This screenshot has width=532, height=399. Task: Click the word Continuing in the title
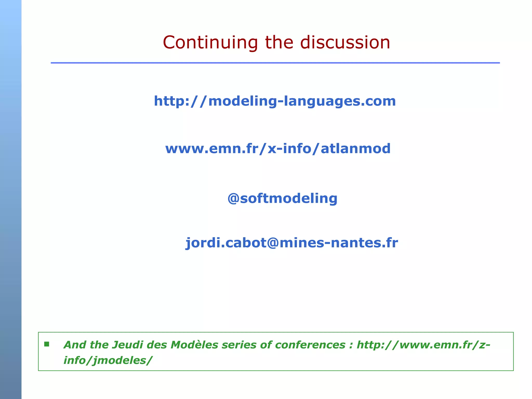pyautogui.click(x=210, y=43)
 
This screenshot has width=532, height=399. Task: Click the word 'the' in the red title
pyautogui.click(x=279, y=42)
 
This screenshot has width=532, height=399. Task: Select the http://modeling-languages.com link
pyautogui.click(x=275, y=101)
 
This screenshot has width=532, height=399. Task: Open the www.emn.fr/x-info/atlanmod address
pyautogui.click(x=278, y=149)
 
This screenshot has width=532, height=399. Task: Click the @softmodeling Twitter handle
pyautogui.click(x=282, y=198)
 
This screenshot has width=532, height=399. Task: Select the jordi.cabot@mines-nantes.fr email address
pyautogui.click(x=291, y=243)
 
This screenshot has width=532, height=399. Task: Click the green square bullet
pyautogui.click(x=47, y=344)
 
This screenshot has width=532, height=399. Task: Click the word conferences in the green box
pyautogui.click(x=310, y=345)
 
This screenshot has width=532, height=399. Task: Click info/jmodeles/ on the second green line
pyautogui.click(x=108, y=361)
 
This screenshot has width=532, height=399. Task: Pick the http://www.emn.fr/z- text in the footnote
pyautogui.click(x=423, y=345)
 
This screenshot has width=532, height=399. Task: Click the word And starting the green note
pyautogui.click(x=75, y=345)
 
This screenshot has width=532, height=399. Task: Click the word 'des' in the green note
pyautogui.click(x=157, y=345)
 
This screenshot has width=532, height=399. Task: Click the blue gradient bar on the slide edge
pyautogui.click(x=11, y=199)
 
